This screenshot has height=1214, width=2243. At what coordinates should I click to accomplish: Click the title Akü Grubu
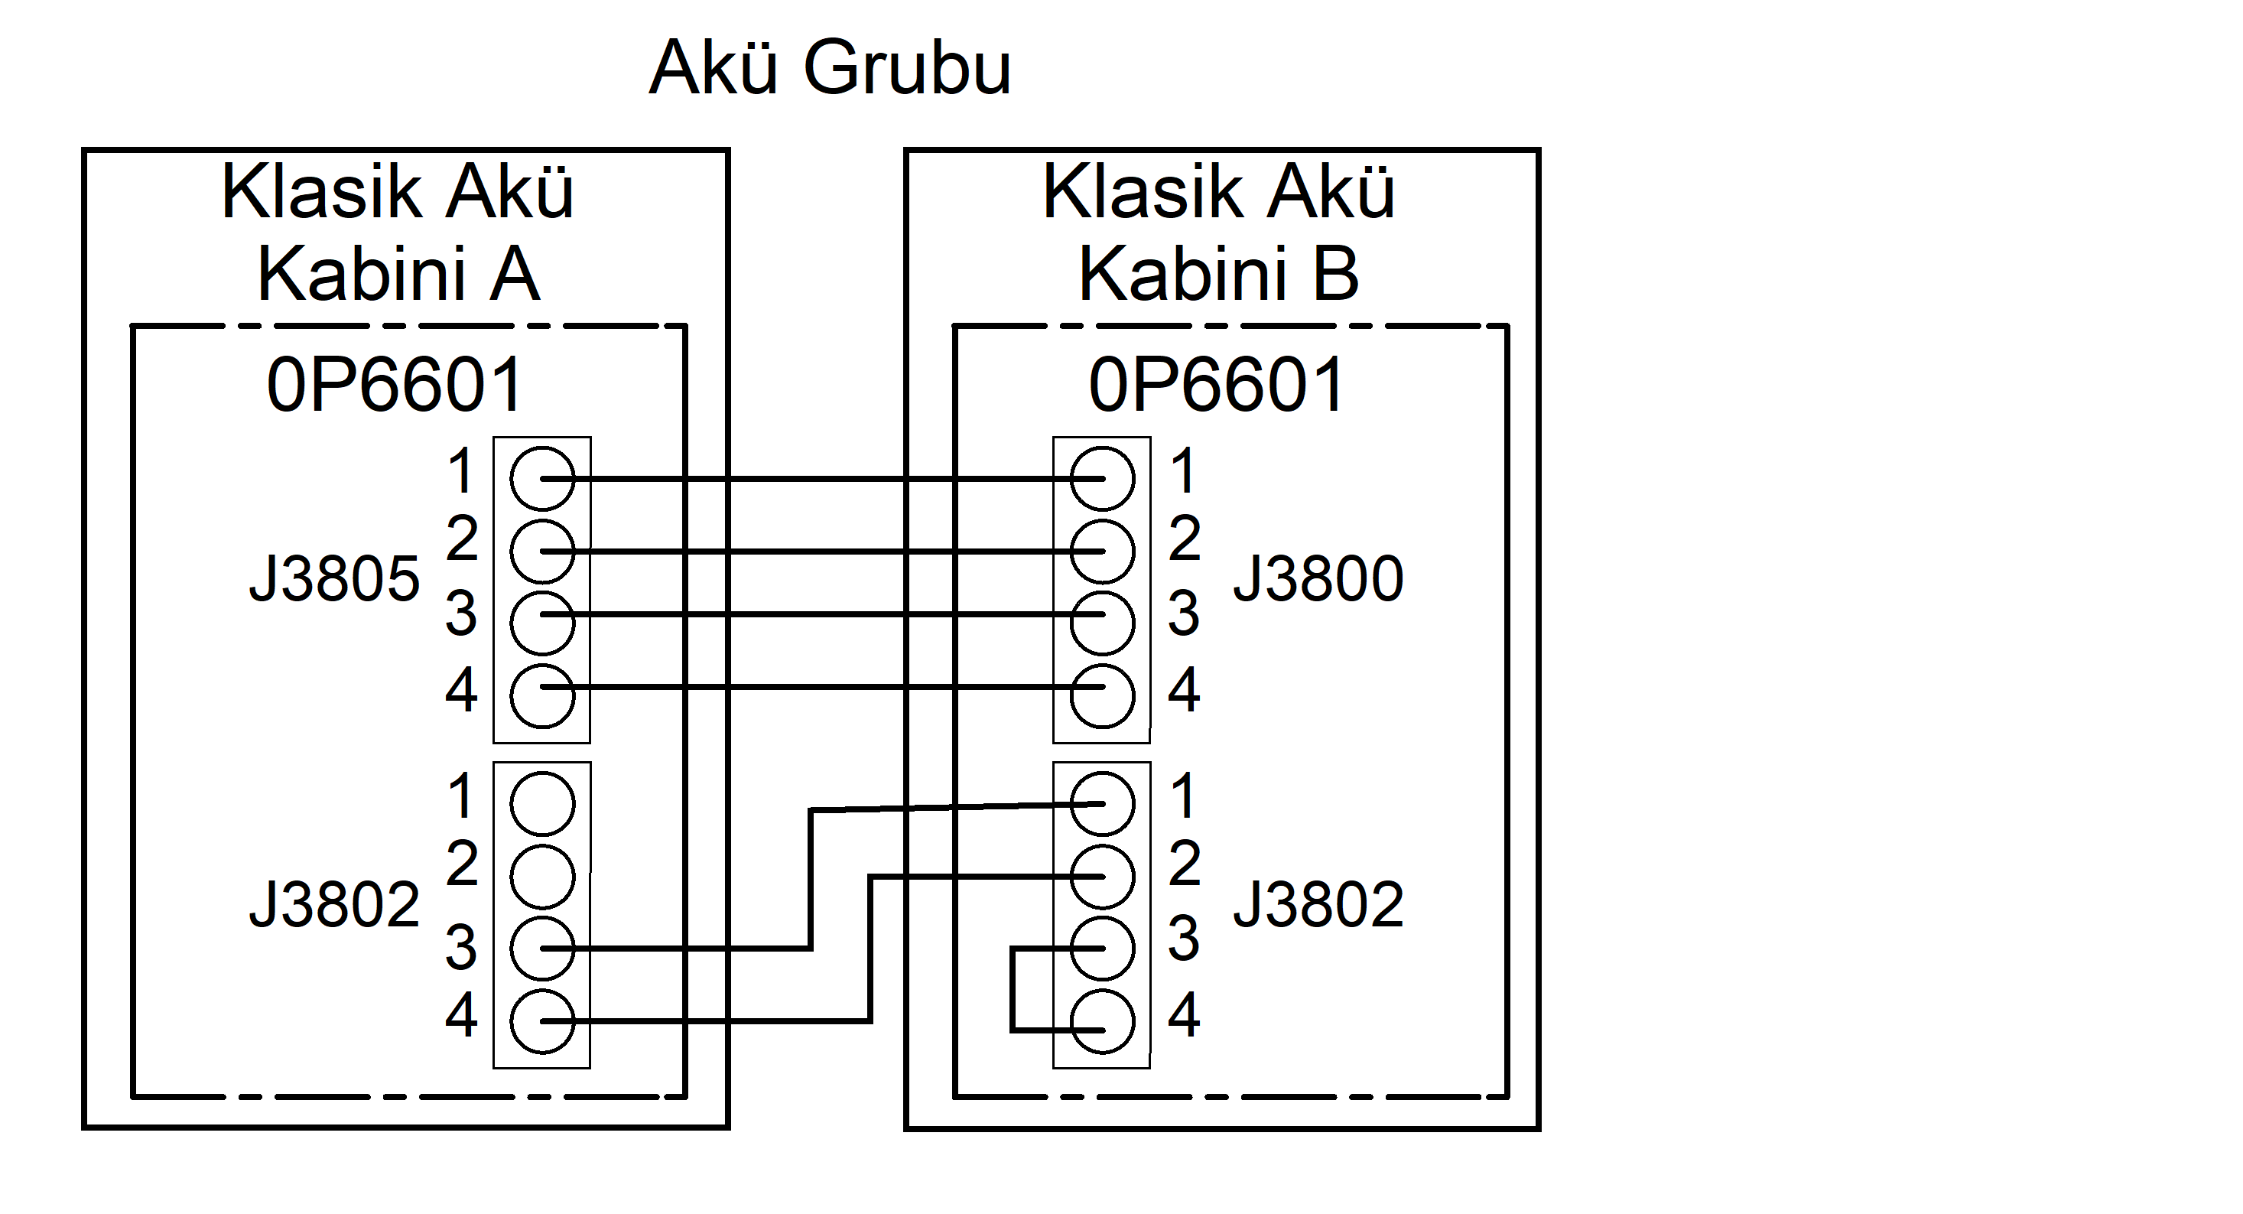(x=830, y=68)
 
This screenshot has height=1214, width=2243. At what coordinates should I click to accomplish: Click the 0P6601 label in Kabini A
(x=395, y=385)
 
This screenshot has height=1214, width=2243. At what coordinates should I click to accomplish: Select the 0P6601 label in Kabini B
(x=1217, y=385)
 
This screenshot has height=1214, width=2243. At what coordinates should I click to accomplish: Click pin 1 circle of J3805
(x=542, y=478)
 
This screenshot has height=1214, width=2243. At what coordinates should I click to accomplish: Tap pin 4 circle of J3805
(x=542, y=696)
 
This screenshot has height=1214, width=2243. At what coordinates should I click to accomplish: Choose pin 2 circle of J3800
(x=1102, y=552)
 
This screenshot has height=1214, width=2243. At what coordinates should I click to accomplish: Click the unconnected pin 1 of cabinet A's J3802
(x=542, y=803)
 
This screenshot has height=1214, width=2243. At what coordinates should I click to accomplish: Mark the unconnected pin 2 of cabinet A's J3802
(x=542, y=876)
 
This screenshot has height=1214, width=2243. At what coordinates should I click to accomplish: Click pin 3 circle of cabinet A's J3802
(x=542, y=949)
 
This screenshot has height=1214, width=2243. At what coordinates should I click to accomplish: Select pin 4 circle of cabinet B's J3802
(x=1102, y=1021)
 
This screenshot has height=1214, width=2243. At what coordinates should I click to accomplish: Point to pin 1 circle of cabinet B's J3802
(x=1102, y=803)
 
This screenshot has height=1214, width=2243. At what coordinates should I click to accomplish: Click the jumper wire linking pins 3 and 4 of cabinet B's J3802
(x=1013, y=989)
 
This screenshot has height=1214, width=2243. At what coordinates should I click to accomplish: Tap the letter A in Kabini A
(x=515, y=275)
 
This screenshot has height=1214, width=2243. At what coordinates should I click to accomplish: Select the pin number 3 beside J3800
(x=1184, y=613)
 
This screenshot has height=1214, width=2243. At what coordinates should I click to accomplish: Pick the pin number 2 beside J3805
(x=463, y=539)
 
